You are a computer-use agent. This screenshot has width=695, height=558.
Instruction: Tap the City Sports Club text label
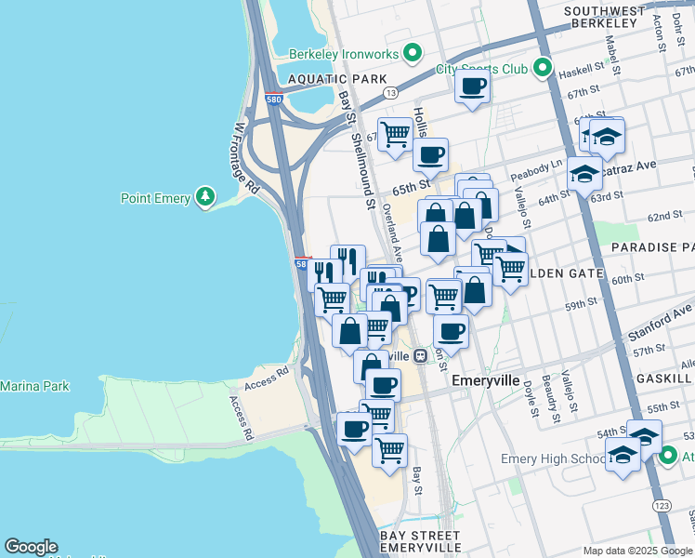point(481,69)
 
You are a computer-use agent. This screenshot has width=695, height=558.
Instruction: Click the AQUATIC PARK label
point(336,80)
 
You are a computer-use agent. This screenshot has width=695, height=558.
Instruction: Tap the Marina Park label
point(34,386)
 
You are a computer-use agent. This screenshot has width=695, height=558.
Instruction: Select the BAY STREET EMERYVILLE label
point(420,542)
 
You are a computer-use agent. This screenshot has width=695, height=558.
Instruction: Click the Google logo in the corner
point(31,547)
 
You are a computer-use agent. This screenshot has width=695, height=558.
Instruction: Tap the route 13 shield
point(392,92)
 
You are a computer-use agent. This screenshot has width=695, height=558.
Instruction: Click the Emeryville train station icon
point(421,354)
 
